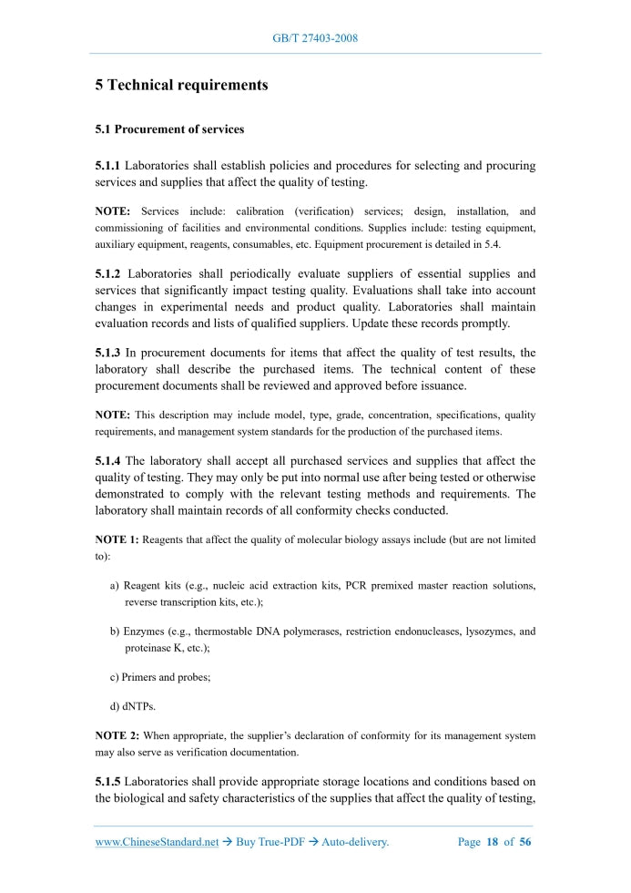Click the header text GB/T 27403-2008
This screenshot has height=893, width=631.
point(316,38)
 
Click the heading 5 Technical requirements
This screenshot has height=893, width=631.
point(181,85)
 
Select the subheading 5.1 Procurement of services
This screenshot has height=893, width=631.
point(169,129)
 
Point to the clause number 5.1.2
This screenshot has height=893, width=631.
point(108,273)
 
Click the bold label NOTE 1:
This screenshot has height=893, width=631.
point(117,539)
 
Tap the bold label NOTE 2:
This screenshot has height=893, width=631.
point(117,735)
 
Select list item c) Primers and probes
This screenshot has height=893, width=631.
point(159,677)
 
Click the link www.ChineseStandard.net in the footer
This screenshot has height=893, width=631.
point(157,842)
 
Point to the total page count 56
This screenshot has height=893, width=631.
point(524,842)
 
